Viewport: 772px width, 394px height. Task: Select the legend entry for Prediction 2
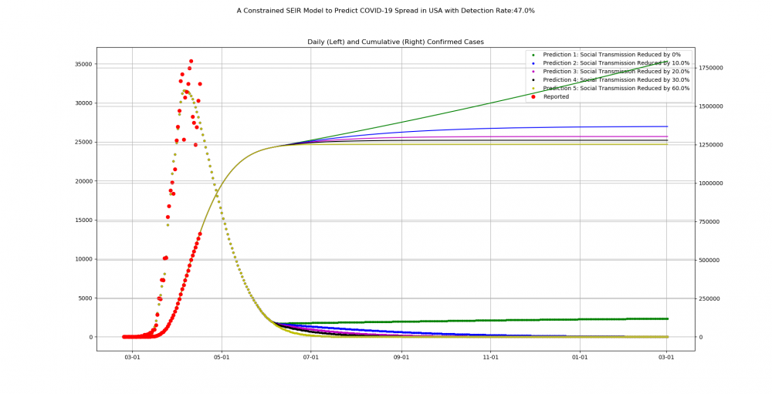click(616, 63)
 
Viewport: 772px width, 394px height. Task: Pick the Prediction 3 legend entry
click(616, 72)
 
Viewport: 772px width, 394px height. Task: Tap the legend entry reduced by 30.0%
click(616, 80)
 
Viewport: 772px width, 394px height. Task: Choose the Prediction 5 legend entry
click(616, 88)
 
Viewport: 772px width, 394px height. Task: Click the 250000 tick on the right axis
click(712, 298)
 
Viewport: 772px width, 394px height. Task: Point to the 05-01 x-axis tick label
click(222, 358)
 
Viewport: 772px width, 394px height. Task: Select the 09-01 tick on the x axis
click(401, 358)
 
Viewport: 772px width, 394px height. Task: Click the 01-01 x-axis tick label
click(580, 358)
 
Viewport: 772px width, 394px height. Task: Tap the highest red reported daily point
click(191, 61)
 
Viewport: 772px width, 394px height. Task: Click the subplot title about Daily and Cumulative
click(395, 42)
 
